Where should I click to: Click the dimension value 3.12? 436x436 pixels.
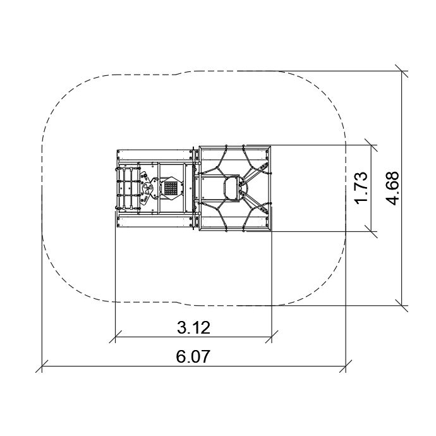(193, 327)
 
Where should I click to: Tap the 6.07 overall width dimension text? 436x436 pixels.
(193, 356)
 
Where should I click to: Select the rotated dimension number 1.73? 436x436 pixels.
(361, 188)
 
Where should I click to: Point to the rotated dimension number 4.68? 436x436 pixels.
(392, 188)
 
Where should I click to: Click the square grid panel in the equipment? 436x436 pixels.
(171, 188)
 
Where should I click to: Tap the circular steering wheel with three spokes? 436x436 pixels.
(147, 188)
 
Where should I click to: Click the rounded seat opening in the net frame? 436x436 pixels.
(232, 188)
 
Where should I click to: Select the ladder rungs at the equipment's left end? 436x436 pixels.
(128, 188)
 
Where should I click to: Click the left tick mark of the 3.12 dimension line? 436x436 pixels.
(115, 337)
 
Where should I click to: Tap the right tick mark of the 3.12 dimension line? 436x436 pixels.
(271, 337)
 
